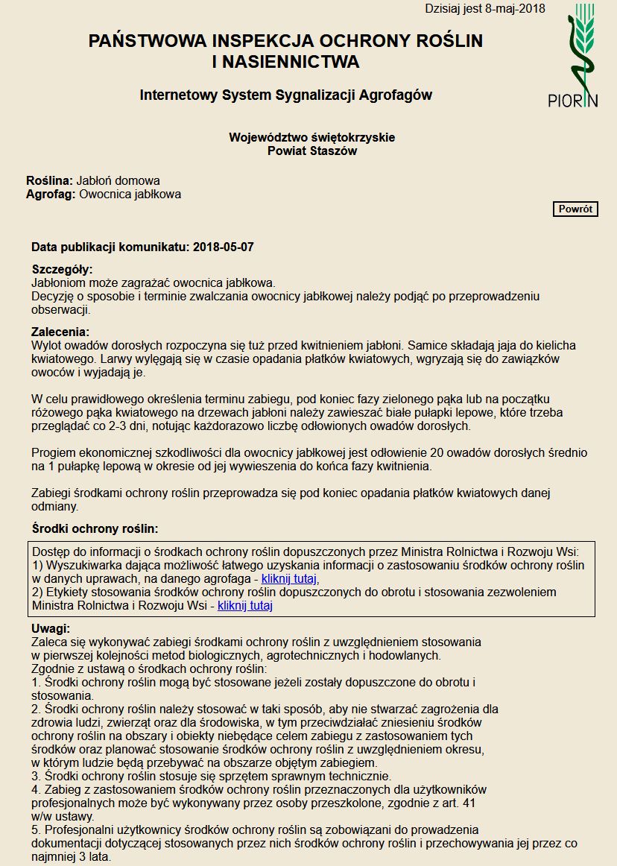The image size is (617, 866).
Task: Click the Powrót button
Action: [576, 209]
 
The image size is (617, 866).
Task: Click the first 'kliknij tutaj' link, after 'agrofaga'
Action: [290, 578]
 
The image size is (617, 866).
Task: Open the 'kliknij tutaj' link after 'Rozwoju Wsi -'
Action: [245, 606]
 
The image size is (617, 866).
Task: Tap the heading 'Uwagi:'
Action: [51, 628]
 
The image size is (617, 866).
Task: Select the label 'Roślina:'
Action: [49, 180]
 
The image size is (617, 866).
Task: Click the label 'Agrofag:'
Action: [51, 195]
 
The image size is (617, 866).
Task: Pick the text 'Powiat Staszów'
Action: [311, 151]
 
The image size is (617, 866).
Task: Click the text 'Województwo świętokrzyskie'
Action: [311, 137]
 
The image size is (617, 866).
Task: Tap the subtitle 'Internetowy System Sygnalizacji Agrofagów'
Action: [285, 95]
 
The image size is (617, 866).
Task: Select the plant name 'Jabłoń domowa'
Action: [118, 180]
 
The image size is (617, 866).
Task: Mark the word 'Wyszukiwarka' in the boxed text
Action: [81, 565]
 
